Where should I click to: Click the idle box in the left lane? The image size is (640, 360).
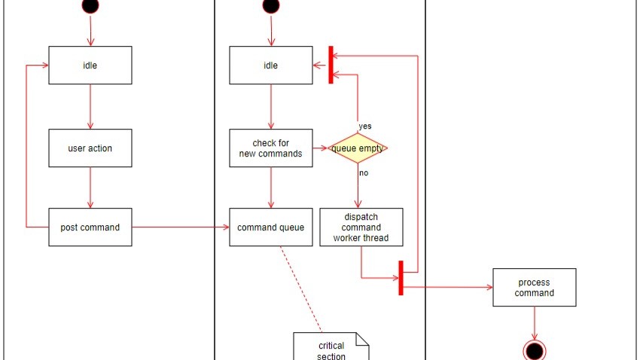tap(90, 66)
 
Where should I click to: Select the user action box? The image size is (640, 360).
tap(90, 148)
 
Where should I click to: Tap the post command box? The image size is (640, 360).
tap(90, 227)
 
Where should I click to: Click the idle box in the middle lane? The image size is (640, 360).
tap(271, 66)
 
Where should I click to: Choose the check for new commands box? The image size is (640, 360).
tap(271, 148)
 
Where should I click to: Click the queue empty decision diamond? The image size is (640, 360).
tap(358, 148)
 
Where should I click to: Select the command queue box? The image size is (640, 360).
tap(271, 227)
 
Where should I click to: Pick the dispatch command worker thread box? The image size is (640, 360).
tap(361, 227)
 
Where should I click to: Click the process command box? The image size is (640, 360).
tap(535, 288)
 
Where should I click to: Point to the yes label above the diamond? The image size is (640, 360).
tap(365, 127)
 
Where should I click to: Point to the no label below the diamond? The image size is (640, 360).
tap(364, 172)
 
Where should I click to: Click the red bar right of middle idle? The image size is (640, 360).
tap(331, 66)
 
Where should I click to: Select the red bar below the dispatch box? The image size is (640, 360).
tap(401, 278)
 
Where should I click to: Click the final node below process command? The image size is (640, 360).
tap(535, 350)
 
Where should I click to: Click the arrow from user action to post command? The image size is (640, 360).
tap(90, 188)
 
